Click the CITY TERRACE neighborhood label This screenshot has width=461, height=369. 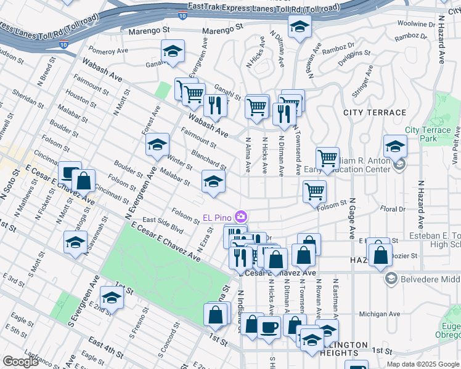tap(375, 113)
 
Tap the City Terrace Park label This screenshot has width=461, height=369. tap(429, 135)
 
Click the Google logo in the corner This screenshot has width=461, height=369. tap(20, 362)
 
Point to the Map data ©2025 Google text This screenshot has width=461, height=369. tap(423, 364)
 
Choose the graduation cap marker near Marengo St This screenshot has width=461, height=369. tap(300, 26)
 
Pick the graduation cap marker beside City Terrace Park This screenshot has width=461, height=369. tap(395, 146)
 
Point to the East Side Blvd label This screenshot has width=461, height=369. tap(163, 224)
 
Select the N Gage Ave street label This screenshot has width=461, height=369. tap(353, 222)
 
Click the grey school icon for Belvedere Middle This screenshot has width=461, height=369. tap(390, 279)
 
